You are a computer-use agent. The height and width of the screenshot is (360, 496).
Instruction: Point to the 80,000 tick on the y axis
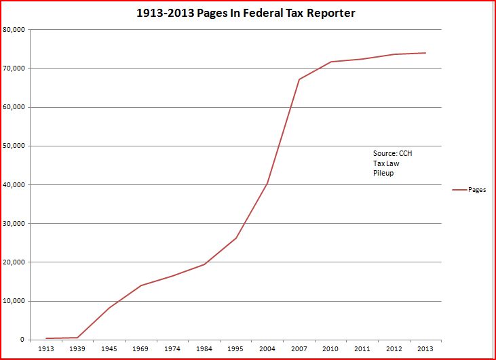point(14,30)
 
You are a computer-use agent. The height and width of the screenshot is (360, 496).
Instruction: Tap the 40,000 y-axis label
point(14,185)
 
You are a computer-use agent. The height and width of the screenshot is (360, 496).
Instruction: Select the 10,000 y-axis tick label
point(14,301)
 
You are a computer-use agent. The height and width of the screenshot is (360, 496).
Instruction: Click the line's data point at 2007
point(299,79)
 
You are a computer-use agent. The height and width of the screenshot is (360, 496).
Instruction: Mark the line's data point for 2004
point(267,183)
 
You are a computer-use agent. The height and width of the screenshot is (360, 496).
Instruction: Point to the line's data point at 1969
point(140,285)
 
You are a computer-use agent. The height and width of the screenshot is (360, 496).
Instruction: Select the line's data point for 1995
point(235,238)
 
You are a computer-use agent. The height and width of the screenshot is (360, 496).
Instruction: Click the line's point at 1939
point(77,338)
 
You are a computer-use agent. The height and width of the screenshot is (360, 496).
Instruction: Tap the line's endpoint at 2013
point(425,53)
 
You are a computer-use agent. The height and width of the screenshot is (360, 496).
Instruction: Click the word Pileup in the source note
point(383,174)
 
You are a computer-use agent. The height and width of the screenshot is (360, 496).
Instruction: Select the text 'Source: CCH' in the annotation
point(392,153)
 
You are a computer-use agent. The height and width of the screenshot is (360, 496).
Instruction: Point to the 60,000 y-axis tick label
point(14,108)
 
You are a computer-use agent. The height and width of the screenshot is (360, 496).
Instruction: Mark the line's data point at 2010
point(330,62)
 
